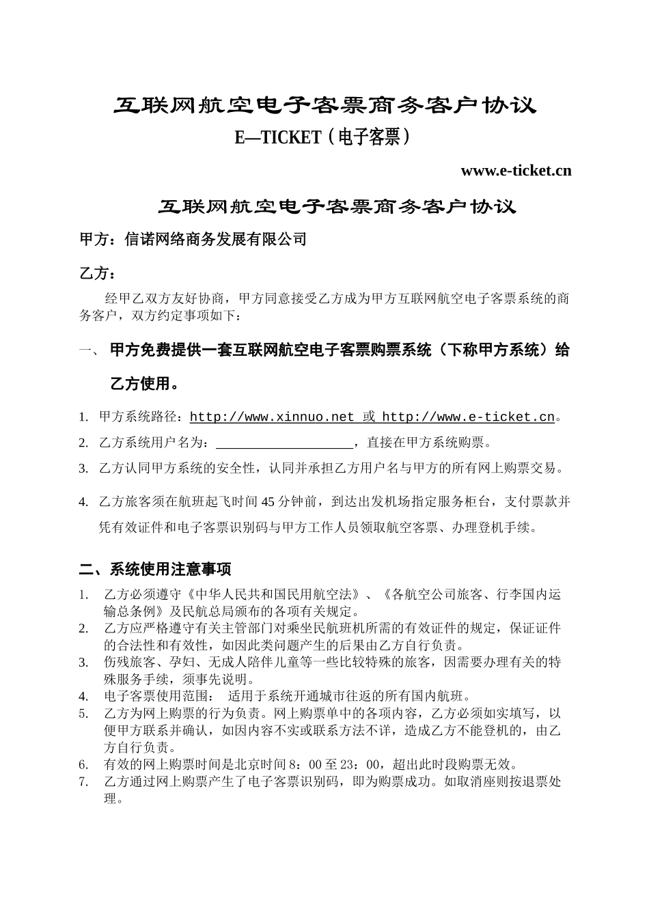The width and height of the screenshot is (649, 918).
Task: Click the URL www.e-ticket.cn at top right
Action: point(516,171)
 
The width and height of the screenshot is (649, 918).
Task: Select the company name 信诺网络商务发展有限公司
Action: point(216,239)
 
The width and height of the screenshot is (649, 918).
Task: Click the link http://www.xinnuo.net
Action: point(272,417)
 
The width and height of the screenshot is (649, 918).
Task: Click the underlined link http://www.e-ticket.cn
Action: point(468,417)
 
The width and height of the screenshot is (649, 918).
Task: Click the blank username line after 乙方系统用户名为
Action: point(284,443)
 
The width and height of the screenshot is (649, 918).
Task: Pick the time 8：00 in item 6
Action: point(314,764)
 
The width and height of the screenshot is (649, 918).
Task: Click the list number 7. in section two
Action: point(84,782)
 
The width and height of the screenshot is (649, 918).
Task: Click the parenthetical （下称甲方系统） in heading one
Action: point(493,350)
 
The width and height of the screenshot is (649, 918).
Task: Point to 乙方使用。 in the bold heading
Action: point(145,384)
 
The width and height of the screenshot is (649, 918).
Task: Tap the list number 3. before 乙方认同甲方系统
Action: point(83,469)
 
